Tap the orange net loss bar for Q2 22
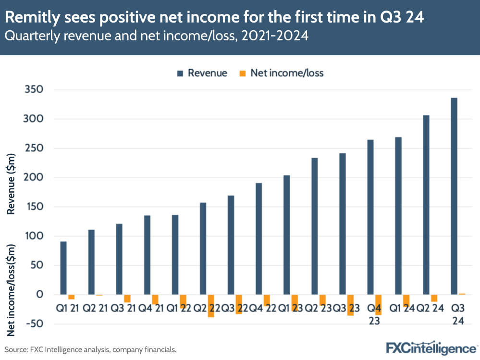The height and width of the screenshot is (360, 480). coord(211,306)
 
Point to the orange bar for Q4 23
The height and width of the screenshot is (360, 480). coord(379,305)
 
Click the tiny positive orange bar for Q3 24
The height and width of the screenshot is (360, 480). coord(462,294)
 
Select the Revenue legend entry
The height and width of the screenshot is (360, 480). coord(202,73)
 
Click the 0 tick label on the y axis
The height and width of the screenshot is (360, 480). coord(40,295)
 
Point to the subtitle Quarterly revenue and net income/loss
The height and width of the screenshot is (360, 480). coord(156,36)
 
